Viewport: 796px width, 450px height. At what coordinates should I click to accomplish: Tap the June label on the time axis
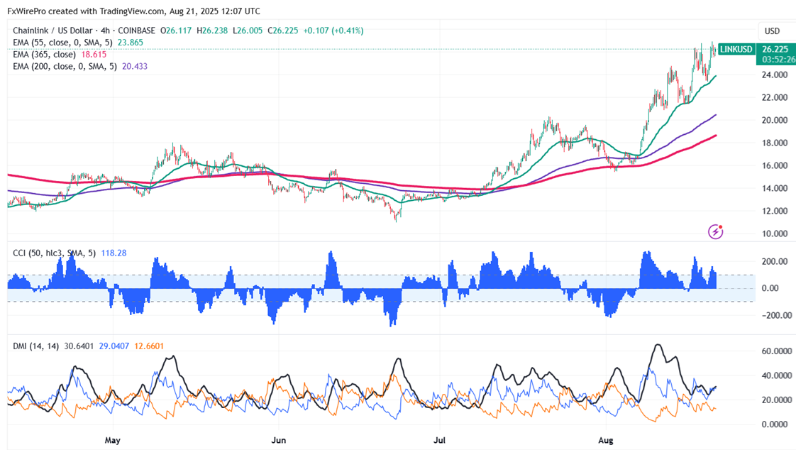(x=278, y=440)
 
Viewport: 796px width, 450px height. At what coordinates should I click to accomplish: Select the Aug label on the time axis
(x=605, y=440)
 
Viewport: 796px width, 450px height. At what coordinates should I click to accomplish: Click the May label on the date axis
(x=112, y=440)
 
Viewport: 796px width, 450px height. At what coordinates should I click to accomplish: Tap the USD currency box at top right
(x=771, y=31)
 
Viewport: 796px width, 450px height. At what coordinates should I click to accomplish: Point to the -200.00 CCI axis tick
(x=775, y=315)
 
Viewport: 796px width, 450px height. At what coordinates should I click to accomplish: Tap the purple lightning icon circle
(x=716, y=231)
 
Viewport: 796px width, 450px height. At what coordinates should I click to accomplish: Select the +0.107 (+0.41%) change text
(x=333, y=31)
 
